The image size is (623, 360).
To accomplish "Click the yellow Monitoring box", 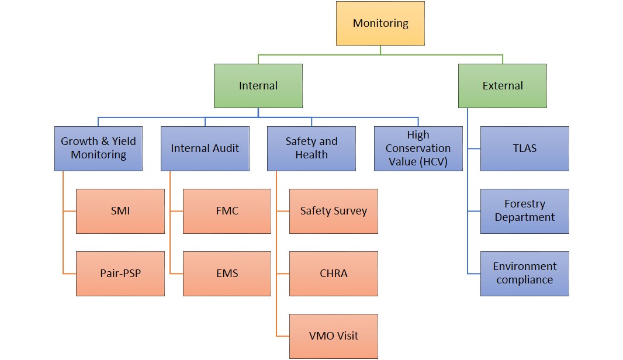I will [380, 23].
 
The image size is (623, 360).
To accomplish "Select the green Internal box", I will [258, 86].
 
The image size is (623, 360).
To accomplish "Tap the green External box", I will [503, 86].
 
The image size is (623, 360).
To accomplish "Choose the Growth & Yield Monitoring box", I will [98, 148].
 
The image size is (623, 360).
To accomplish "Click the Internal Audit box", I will [205, 148].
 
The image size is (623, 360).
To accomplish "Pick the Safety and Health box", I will [311, 148].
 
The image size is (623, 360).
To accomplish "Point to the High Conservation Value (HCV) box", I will [418, 148].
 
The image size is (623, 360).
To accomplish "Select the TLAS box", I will [525, 148].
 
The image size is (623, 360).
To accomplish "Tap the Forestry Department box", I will [525, 211].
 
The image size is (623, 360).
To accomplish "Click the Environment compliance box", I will [525, 274].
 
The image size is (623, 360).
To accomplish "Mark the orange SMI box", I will [120, 211].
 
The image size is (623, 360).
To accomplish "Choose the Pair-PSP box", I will [120, 274].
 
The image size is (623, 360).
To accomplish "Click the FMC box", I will [227, 211].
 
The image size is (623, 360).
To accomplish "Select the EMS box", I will [227, 274].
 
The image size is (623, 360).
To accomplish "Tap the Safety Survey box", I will [334, 211].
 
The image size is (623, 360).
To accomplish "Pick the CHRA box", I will [334, 274].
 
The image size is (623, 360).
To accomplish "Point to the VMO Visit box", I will [334, 336].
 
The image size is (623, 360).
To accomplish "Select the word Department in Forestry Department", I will [525, 217].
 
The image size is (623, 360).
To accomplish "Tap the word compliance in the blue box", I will [525, 280].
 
